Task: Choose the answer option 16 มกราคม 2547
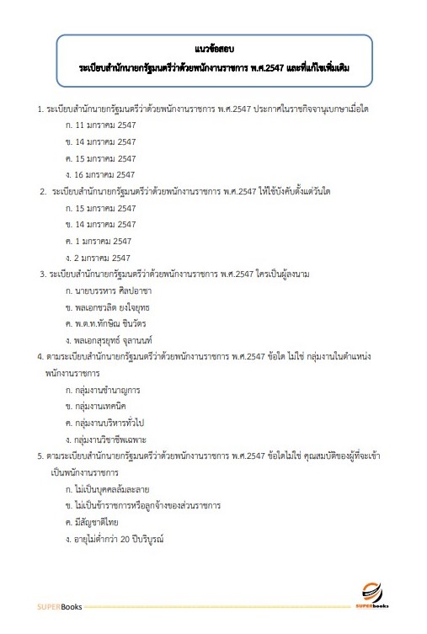[105, 175]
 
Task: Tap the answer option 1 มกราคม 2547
[103, 241]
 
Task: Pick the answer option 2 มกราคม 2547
[103, 258]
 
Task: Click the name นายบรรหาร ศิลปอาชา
[118, 290]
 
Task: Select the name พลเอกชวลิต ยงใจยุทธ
[119, 306]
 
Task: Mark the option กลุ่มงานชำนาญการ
[107, 391]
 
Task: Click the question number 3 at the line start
[42, 274]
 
